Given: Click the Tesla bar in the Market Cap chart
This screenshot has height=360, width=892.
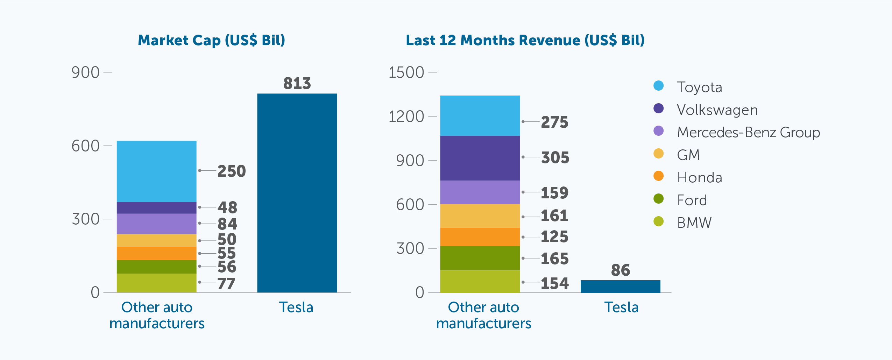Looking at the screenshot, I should point(297,192).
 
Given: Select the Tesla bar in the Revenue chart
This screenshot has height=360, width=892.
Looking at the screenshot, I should point(620,286).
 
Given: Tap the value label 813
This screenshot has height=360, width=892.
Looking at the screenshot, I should point(297,83).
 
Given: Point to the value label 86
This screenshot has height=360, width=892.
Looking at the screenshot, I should point(621,270).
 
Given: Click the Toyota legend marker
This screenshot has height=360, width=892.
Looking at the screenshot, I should point(658,86).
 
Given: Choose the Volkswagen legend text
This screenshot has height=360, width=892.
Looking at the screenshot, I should point(717,110).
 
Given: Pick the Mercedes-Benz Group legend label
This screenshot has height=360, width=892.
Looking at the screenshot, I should point(748,132).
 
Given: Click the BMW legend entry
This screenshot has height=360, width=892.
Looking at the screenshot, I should point(694,223).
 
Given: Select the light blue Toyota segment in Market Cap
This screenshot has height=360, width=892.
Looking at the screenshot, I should point(156,171).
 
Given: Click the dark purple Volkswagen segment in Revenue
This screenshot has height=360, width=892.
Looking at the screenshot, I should point(480,158).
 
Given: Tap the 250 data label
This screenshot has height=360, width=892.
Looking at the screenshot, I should point(232,171).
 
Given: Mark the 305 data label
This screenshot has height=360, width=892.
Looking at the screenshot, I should point(555,157).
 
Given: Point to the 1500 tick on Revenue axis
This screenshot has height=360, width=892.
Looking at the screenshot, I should point(406,72).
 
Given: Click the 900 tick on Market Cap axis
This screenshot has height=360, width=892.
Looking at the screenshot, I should point(85,72).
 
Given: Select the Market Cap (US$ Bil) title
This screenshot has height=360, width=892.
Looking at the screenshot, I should point(211,40).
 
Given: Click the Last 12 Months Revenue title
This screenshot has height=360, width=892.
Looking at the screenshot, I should point(525,40).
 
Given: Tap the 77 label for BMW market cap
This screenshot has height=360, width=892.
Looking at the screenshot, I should point(226,283).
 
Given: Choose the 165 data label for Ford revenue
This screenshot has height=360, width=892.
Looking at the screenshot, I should point(554,259).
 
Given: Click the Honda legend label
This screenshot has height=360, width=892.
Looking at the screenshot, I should point(699,177).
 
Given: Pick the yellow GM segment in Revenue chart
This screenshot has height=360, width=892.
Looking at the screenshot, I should point(480,216).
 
